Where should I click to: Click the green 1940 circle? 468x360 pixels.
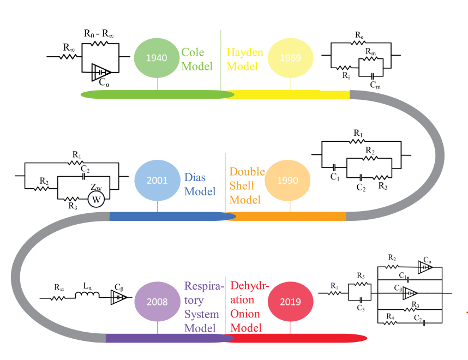pos(157,57)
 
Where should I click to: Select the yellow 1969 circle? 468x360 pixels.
pos(290,57)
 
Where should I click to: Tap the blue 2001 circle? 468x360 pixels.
pos(157,179)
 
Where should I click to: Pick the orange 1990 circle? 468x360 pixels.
pos(287,180)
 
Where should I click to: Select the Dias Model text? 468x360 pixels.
pos(200,184)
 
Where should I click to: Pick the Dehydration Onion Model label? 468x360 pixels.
pos(248,307)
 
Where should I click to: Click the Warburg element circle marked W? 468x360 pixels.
pos(96,200)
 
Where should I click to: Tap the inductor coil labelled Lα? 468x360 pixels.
pos(87,296)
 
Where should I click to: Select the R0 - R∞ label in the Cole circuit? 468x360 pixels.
pos(99,34)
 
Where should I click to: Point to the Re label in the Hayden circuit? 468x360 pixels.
pos(359,36)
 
